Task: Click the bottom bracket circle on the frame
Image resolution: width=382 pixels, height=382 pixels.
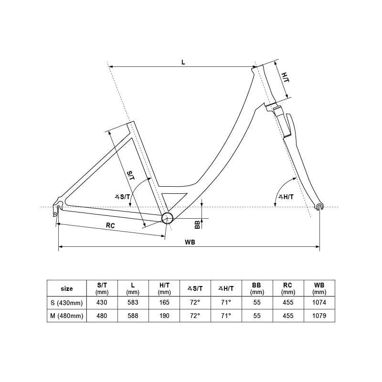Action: [167, 218]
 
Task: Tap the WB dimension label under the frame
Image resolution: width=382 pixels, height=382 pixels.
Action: [190, 242]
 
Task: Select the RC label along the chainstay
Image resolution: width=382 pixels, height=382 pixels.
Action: [110, 225]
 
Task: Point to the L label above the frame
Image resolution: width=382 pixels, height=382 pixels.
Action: [183, 62]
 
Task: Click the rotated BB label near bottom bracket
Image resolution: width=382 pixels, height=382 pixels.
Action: [197, 224]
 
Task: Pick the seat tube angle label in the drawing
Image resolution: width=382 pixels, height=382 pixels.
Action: [123, 197]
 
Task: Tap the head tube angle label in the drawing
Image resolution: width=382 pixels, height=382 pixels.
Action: [286, 197]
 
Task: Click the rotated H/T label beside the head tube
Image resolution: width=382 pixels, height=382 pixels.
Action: [285, 77]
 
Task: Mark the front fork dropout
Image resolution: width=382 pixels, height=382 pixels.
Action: [319, 206]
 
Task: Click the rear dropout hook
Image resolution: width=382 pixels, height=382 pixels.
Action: [57, 207]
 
